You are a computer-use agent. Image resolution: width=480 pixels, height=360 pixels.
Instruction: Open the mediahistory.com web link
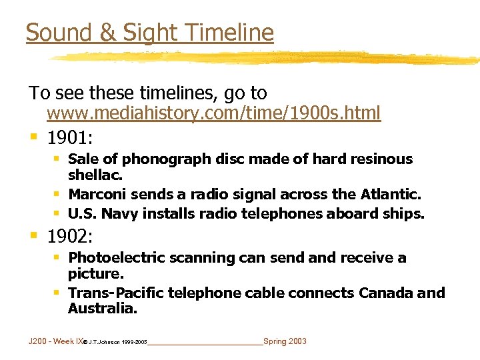point(213,113)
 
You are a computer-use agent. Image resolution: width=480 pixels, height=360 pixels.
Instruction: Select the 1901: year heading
point(70,138)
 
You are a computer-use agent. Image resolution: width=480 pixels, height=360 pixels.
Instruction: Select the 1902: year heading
point(70,237)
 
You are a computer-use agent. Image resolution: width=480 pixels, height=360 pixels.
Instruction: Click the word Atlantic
point(390,195)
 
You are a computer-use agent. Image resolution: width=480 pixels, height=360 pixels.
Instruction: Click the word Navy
point(117,214)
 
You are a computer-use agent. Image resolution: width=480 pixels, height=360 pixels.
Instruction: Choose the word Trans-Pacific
point(116,293)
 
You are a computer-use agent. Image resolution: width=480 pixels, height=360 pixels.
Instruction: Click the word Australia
point(101,309)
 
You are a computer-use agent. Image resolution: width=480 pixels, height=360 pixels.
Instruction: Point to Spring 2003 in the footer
point(285,341)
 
